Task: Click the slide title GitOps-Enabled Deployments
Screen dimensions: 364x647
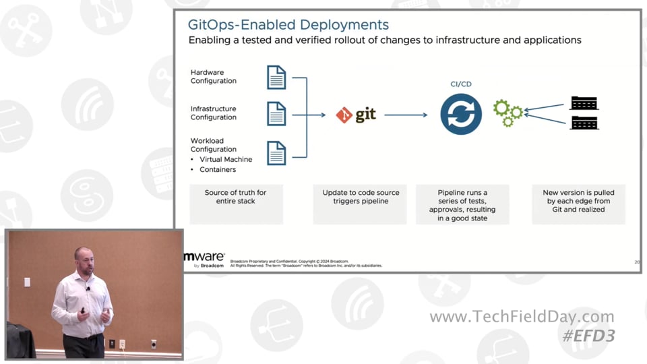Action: (x=288, y=25)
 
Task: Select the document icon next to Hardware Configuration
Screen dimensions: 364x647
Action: (x=276, y=77)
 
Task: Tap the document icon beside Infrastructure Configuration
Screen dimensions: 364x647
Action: (x=276, y=113)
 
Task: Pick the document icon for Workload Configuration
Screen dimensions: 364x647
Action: (x=276, y=152)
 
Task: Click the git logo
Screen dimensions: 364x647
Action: (x=356, y=115)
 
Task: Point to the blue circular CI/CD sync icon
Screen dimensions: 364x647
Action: (x=461, y=115)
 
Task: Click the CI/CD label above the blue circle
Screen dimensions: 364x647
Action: (x=461, y=84)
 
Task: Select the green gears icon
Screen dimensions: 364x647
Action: (x=507, y=113)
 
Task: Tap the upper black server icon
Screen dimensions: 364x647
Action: (x=584, y=103)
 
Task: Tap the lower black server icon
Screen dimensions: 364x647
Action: (x=584, y=123)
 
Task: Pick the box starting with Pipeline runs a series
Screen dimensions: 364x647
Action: (x=462, y=204)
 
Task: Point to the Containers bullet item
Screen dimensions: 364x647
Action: (x=218, y=170)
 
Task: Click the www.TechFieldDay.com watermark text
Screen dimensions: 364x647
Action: (x=522, y=317)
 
